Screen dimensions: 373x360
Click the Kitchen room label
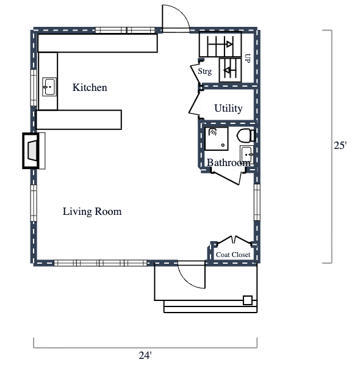pos(90,88)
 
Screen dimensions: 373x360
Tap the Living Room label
pos(92,212)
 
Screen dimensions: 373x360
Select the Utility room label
pos(228,109)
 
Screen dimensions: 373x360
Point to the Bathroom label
pos(228,163)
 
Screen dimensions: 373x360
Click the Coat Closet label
pos(233,255)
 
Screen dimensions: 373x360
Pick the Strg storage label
pos(205,71)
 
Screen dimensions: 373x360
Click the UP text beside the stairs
pos(248,59)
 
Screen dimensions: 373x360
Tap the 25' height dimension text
pos(340,146)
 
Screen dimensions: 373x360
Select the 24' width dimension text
pos(145,355)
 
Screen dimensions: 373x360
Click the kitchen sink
pos(49,87)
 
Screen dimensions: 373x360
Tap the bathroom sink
pos(246,153)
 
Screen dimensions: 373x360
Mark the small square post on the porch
pos(248,300)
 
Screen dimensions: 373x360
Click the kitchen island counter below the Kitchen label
pos(79,119)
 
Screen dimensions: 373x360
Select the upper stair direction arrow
pos(227,44)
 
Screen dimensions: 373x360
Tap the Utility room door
pos(196,104)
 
